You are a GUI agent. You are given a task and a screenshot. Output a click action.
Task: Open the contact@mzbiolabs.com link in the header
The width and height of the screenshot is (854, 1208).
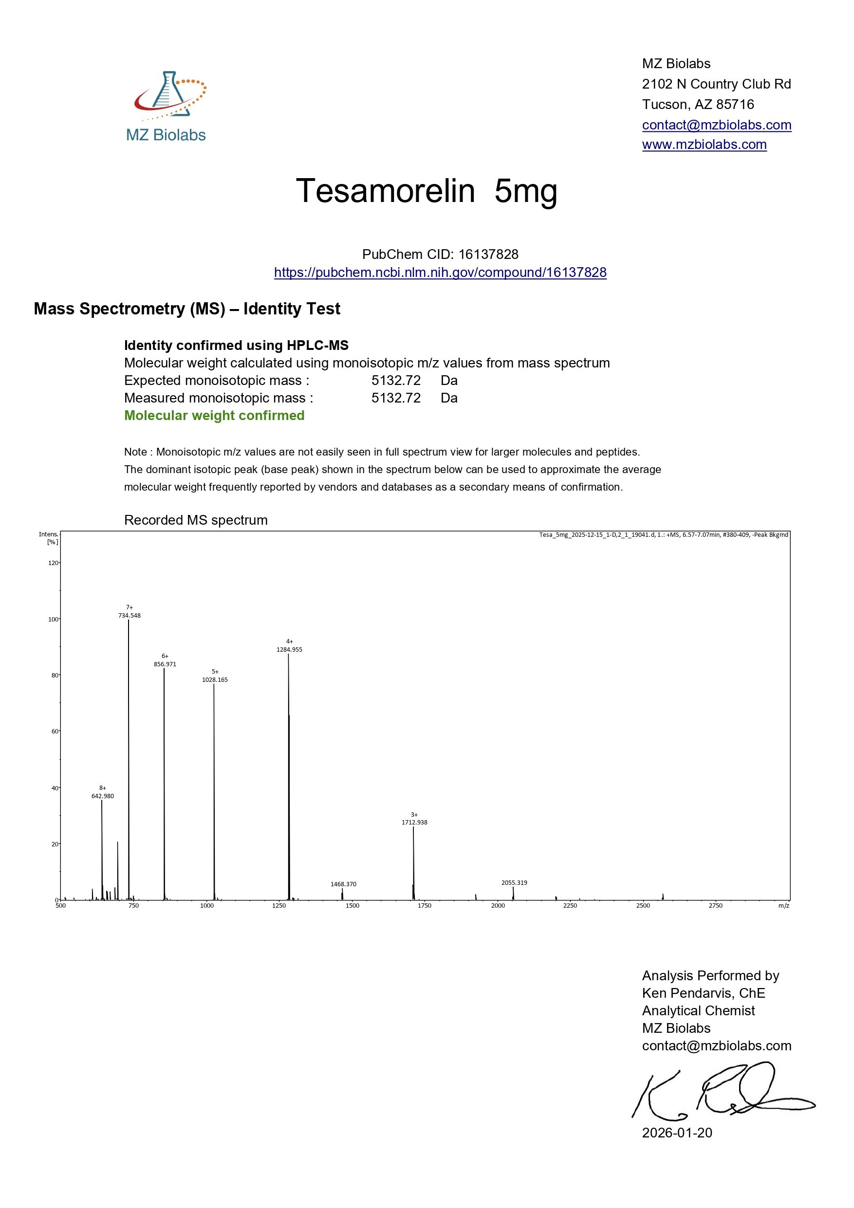point(716,125)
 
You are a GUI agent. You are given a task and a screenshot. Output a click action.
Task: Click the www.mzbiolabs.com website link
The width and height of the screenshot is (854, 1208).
point(704,145)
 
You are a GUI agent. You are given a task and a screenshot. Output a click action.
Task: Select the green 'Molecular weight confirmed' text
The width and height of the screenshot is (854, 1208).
point(214,416)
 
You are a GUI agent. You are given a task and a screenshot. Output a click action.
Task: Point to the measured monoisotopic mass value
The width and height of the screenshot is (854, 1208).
point(396,398)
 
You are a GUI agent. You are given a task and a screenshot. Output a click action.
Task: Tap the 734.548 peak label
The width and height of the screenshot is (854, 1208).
point(130,616)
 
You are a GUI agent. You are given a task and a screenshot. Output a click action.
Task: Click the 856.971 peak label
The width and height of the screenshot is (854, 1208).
point(165,664)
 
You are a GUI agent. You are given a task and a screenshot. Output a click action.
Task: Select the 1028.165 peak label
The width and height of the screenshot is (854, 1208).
point(215,680)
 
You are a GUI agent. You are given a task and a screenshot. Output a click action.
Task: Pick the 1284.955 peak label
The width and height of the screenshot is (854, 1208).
point(289,650)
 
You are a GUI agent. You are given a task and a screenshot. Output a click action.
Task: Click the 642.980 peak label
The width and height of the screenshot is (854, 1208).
point(103,796)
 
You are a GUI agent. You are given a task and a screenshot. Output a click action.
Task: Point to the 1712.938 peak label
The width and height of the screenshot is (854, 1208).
point(414,823)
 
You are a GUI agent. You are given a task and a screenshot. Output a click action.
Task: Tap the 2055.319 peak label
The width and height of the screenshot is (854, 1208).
point(514,883)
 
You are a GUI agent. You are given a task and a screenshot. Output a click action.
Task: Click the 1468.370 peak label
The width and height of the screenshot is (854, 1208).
point(343,884)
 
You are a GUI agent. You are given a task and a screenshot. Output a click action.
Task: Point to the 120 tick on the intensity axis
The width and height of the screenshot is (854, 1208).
point(53,563)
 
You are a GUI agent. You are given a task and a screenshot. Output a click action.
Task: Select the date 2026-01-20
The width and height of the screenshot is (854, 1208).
point(677,1133)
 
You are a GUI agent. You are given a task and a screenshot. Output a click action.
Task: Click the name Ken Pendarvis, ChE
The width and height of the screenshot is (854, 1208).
point(703,993)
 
